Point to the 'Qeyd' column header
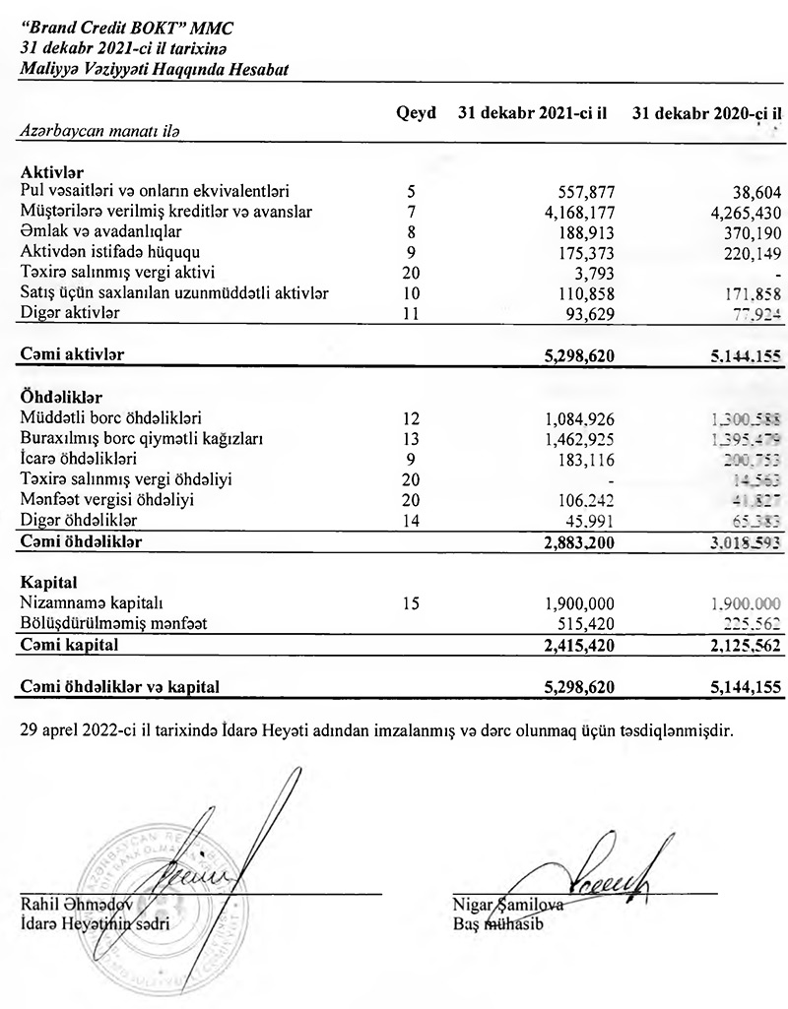coord(416,113)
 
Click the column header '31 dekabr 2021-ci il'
coord(532,113)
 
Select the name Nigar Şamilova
coord(507,907)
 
